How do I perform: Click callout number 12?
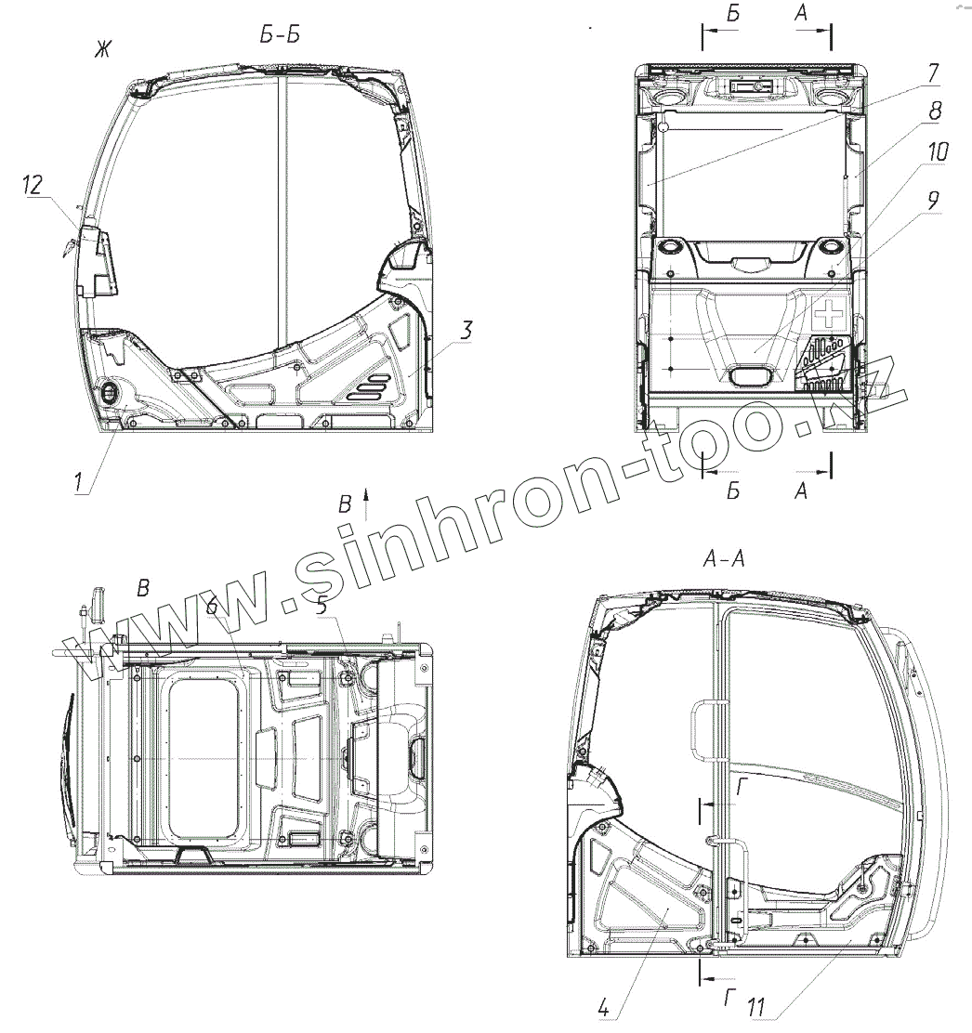(x=33, y=185)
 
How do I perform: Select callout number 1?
(x=79, y=482)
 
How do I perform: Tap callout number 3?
(x=466, y=330)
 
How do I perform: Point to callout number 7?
(x=932, y=72)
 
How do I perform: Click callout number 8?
(x=935, y=111)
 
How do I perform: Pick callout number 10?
(x=938, y=151)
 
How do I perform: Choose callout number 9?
(x=932, y=201)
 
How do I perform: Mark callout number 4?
(x=604, y=1007)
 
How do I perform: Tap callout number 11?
(x=755, y=1007)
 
